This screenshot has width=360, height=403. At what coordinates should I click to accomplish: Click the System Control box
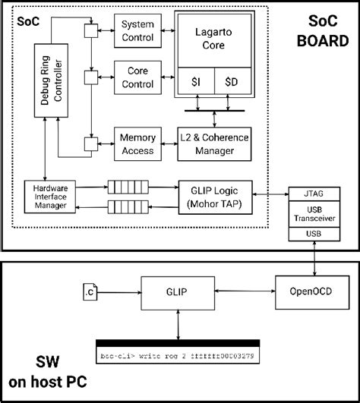(x=137, y=30)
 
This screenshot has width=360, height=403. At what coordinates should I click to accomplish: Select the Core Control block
(x=137, y=77)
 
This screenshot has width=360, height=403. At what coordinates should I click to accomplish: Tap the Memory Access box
(x=137, y=143)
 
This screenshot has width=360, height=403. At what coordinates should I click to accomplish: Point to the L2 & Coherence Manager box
(x=216, y=143)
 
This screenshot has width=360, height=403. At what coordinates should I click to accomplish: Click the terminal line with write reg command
(x=175, y=354)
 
